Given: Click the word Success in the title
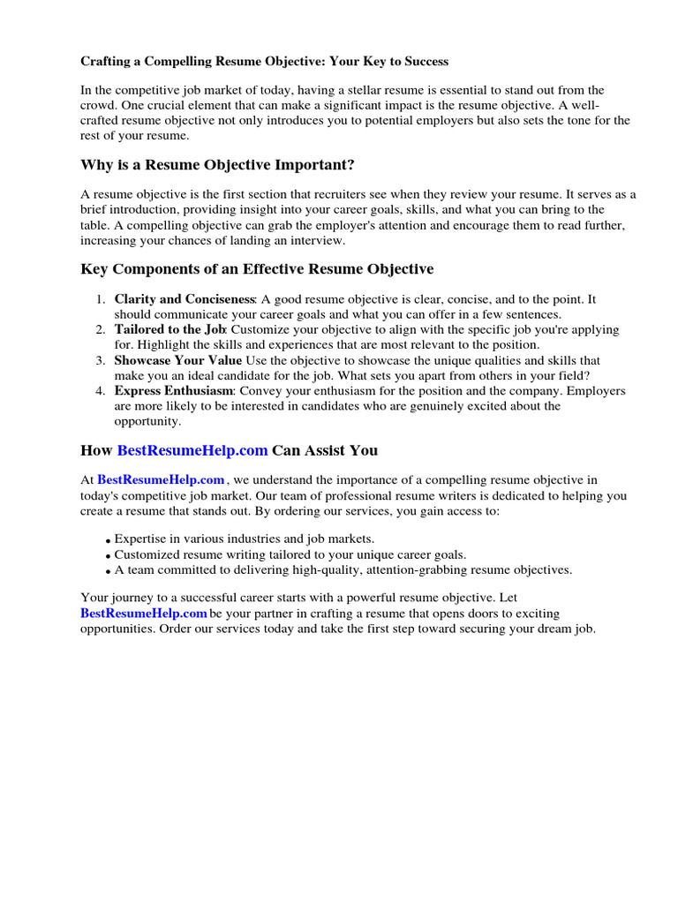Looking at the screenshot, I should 426,62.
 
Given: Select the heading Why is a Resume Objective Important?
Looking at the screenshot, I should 217,164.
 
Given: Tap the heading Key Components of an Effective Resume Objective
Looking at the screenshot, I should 257,268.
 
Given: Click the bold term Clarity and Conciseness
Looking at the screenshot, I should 185,300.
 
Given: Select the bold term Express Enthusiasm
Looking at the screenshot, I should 173,390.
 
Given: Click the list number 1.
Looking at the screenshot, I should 101,300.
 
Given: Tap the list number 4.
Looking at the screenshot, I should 101,390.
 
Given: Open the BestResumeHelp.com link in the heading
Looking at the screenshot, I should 192,450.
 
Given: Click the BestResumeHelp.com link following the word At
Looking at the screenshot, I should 161,480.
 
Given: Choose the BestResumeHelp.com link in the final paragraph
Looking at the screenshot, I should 143,614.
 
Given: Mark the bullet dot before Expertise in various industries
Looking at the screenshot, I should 108,540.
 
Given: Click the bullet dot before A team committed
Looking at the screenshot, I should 108,571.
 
